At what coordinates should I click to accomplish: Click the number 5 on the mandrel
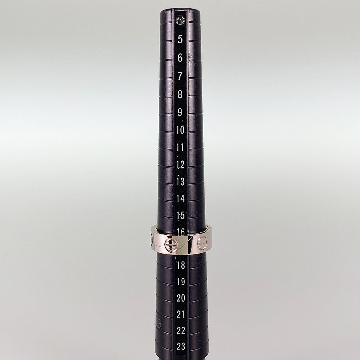click(x=180, y=39)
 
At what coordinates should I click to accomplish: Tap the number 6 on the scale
click(x=180, y=58)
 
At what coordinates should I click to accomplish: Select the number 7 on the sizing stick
click(x=180, y=76)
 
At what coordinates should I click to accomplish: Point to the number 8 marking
click(x=180, y=94)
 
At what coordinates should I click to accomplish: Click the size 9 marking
click(x=180, y=112)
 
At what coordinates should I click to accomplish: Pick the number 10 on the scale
click(x=180, y=130)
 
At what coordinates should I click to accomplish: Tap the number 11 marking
click(x=180, y=147)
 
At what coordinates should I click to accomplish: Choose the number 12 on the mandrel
click(x=180, y=165)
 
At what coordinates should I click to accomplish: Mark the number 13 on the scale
click(x=181, y=182)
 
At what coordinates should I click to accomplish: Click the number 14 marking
click(x=181, y=198)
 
